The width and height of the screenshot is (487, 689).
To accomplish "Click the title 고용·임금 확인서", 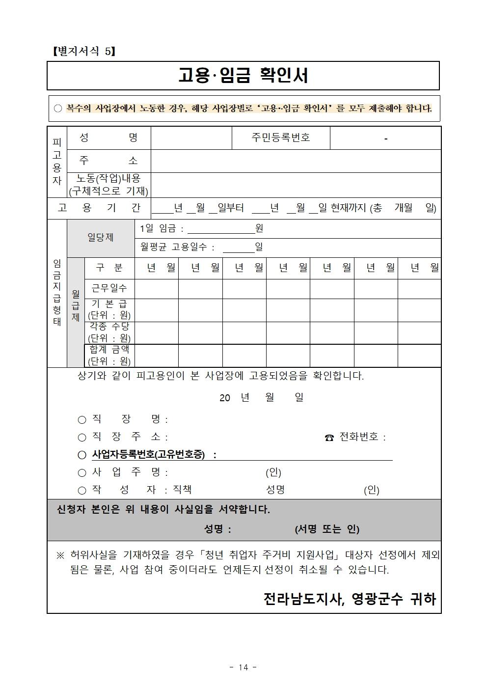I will (x=243, y=76).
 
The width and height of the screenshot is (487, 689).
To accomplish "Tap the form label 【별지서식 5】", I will (x=83, y=51).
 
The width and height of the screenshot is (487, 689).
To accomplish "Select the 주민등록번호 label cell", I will (x=281, y=138).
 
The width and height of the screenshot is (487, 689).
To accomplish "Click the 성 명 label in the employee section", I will (x=108, y=138).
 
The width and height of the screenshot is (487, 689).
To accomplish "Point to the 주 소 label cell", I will (x=108, y=161).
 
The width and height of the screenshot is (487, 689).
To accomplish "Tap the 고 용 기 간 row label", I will (x=99, y=208).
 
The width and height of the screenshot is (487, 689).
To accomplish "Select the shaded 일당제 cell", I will (x=101, y=237).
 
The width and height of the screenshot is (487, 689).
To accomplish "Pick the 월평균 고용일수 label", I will (x=177, y=248).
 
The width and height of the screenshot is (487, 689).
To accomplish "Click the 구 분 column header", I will (x=109, y=268).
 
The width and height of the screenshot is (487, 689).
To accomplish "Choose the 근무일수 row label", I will (x=109, y=288).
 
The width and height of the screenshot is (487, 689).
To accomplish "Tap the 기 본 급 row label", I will (x=109, y=309).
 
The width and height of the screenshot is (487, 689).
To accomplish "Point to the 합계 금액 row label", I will (x=109, y=355).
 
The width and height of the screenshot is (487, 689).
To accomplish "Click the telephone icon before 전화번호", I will (x=329, y=438).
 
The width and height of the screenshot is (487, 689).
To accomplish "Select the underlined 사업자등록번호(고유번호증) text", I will (x=148, y=455).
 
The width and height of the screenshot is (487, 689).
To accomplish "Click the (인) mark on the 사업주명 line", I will (x=273, y=472).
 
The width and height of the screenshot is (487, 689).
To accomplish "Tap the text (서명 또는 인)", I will (x=327, y=529).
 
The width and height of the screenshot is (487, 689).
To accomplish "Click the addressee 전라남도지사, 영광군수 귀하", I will (x=350, y=599).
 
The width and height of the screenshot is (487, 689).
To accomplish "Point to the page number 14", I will (x=243, y=667).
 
